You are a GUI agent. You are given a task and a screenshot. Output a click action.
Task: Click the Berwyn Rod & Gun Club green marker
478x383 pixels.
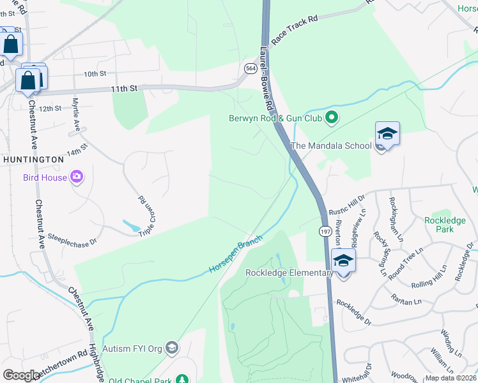(x=331, y=117)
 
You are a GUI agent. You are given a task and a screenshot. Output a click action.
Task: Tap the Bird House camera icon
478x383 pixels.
(x=77, y=177)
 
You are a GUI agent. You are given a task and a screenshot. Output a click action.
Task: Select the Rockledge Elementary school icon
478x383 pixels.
(x=343, y=261)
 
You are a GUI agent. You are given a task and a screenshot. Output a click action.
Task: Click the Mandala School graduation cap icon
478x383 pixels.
(x=387, y=134)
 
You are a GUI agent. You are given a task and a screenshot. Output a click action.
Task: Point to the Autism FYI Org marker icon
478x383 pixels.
(x=172, y=348)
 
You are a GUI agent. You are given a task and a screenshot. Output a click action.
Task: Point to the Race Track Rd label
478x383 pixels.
(x=294, y=29)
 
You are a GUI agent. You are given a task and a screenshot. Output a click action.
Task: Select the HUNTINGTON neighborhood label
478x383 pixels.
(x=33, y=159)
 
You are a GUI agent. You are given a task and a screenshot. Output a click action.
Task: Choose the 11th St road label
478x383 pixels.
(x=124, y=89)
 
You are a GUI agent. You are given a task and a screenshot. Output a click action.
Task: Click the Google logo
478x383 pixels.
(x=21, y=375)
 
